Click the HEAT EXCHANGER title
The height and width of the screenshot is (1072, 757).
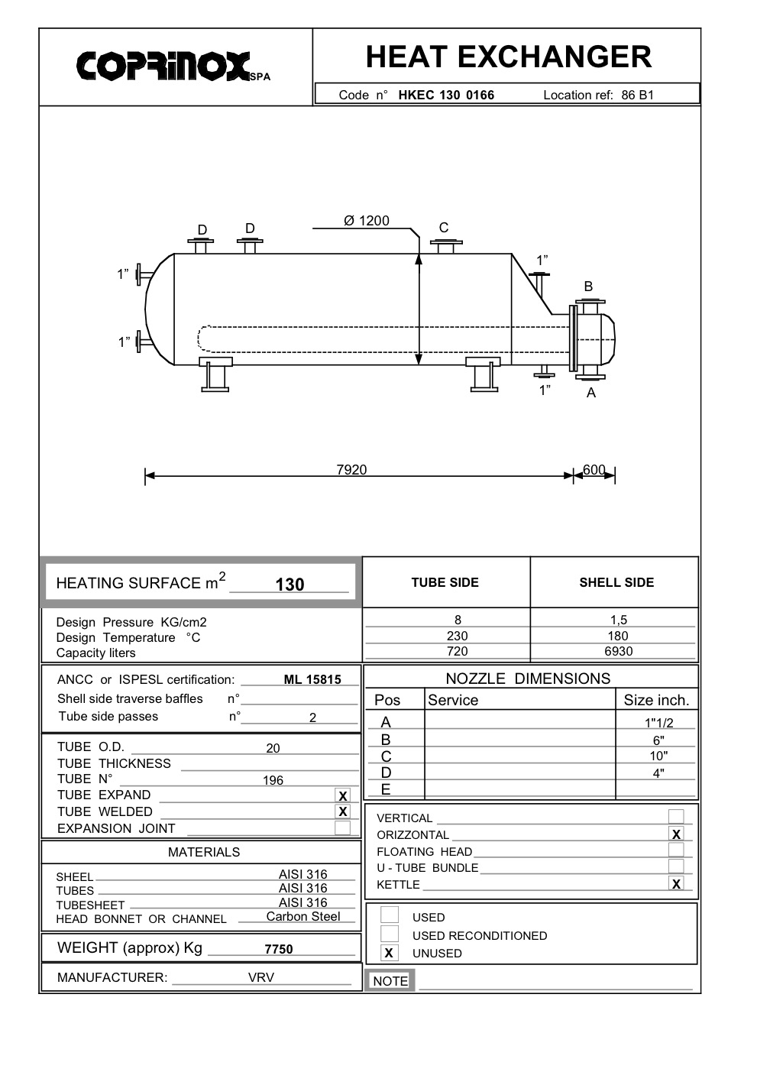508,57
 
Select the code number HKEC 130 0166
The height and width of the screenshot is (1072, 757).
446,96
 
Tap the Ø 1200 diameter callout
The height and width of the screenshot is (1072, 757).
367,221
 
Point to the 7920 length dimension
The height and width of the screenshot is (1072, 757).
351,470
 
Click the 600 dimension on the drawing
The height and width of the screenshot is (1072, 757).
594,470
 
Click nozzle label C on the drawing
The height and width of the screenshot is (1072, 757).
444,228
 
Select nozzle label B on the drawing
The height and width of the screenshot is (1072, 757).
588,287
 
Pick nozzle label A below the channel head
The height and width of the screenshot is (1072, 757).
590,393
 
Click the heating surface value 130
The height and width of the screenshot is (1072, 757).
290,585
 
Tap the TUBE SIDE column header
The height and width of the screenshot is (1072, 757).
445,582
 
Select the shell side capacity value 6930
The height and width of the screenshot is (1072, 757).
618,652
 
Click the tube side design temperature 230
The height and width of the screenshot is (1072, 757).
457,636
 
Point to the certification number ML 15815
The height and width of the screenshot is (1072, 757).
312,679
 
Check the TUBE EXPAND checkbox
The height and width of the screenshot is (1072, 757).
343,795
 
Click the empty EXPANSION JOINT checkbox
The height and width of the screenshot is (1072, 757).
343,828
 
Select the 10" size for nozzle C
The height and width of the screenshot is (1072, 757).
658,756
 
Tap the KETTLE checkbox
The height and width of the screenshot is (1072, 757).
676,884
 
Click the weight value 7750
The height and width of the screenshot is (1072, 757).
279,949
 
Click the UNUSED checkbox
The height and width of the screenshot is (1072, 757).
390,953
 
